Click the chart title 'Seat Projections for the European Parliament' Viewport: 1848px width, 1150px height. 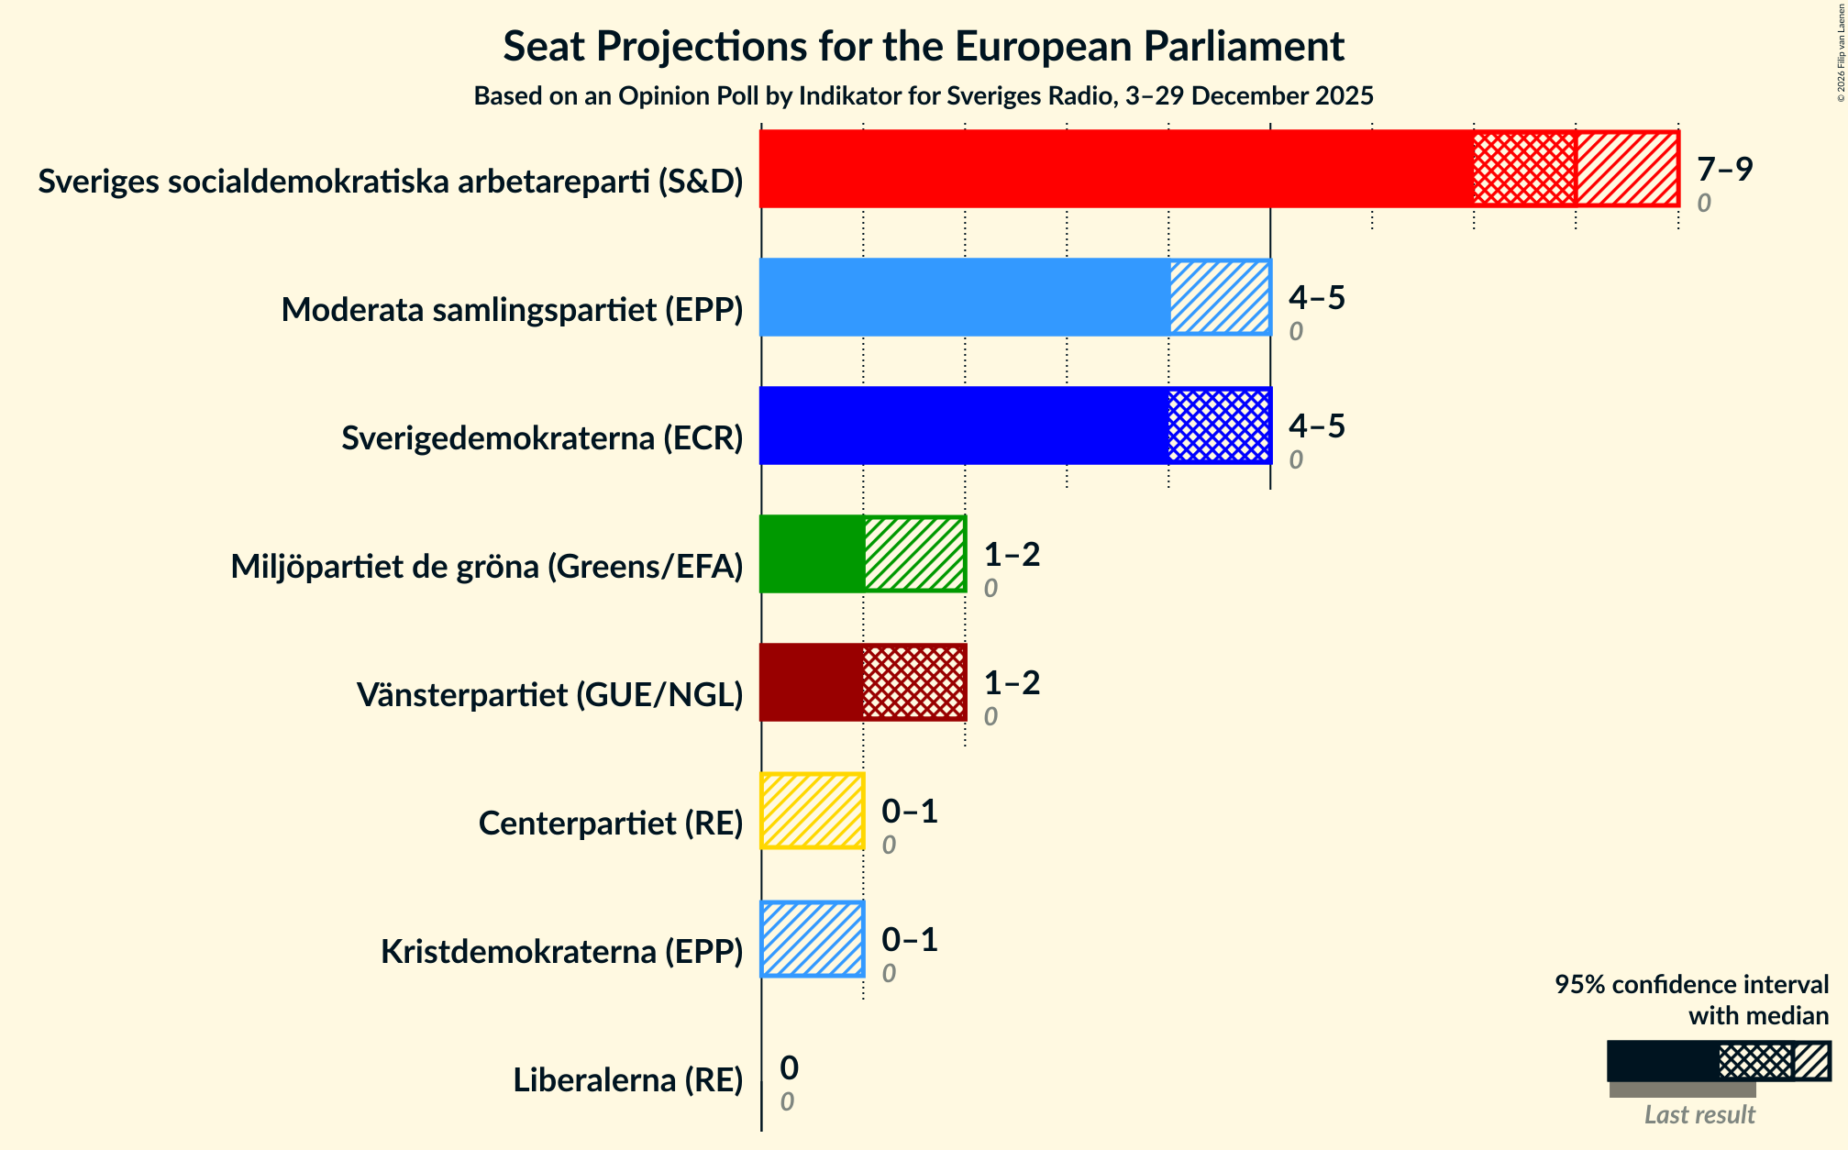click(x=923, y=47)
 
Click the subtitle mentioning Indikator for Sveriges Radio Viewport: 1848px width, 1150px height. click(x=923, y=96)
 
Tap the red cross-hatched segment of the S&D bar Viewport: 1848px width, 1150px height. click(x=1524, y=169)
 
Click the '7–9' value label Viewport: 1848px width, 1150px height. click(x=1724, y=170)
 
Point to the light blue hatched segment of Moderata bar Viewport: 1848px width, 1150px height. click(x=1220, y=297)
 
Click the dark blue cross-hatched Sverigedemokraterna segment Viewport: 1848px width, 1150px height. click(x=1220, y=426)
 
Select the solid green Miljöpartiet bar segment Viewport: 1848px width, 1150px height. click(x=812, y=554)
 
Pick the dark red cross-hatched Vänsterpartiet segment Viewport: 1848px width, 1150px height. click(x=913, y=682)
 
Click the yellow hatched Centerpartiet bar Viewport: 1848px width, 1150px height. click(x=813, y=811)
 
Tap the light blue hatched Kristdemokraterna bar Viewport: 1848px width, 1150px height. click(x=813, y=939)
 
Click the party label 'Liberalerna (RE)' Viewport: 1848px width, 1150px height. click(x=627, y=1080)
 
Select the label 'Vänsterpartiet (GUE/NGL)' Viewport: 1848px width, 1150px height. click(x=549, y=695)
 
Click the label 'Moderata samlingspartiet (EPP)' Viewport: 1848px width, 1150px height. click(x=512, y=310)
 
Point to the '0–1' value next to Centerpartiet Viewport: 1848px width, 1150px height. click(x=909, y=812)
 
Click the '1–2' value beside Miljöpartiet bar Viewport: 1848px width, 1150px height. click(x=1012, y=555)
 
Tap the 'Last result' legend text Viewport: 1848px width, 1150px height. click(x=1699, y=1114)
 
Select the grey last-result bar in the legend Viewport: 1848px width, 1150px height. click(x=1682, y=1089)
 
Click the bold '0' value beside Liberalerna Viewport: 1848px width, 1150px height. click(x=789, y=1068)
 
